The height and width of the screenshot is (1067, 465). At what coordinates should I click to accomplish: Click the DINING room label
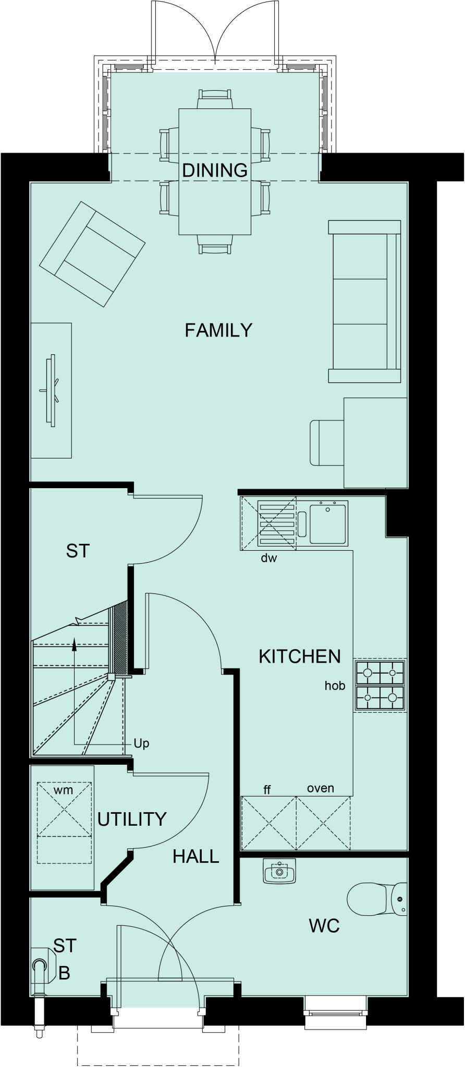[x=214, y=170]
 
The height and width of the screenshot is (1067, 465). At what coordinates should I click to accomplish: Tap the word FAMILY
[x=218, y=330]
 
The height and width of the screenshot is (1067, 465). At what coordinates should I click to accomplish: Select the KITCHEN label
[x=299, y=656]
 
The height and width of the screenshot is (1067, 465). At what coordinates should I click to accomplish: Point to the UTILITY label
[x=132, y=819]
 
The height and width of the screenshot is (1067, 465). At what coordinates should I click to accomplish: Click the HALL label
[x=195, y=857]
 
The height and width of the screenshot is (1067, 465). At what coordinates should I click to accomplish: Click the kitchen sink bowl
[x=328, y=523]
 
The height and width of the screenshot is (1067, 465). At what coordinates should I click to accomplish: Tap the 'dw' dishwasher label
[x=269, y=559]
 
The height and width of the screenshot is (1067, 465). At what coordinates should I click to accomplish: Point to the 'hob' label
[x=335, y=686]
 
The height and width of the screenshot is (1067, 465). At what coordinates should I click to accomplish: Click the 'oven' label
[x=320, y=788]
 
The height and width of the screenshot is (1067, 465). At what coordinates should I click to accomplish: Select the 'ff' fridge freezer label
[x=267, y=790]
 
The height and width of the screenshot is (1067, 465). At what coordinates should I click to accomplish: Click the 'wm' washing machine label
[x=64, y=790]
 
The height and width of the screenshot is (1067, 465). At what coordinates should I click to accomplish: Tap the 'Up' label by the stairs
[x=141, y=743]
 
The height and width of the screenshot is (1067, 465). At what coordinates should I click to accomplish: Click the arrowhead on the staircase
[x=74, y=644]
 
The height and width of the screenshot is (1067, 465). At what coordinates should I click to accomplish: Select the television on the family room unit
[x=52, y=390]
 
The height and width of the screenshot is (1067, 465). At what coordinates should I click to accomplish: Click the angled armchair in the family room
[x=92, y=254]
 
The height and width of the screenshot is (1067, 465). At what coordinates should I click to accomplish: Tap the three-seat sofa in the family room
[x=364, y=301]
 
